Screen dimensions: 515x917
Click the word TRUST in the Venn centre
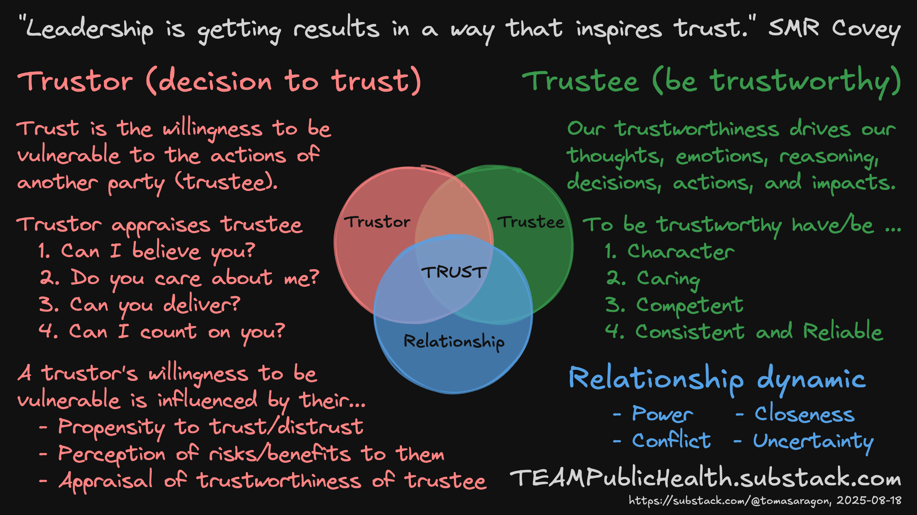[454, 272]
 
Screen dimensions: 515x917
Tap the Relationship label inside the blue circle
[454, 342]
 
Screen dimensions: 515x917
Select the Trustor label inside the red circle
[377, 222]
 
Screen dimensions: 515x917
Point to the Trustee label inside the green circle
[531, 222]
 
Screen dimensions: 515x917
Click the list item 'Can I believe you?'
[157, 251]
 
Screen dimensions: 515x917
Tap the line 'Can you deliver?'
[154, 305]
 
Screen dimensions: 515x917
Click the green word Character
[680, 251]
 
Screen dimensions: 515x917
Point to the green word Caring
[668, 279]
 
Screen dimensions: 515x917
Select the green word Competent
[689, 305]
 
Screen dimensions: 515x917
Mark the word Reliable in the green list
[843, 331]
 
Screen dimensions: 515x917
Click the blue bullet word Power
[662, 414]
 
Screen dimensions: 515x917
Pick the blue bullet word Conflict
[671, 441]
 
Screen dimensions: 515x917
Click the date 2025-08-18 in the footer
[869, 500]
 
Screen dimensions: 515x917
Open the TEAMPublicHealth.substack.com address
[705, 478]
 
